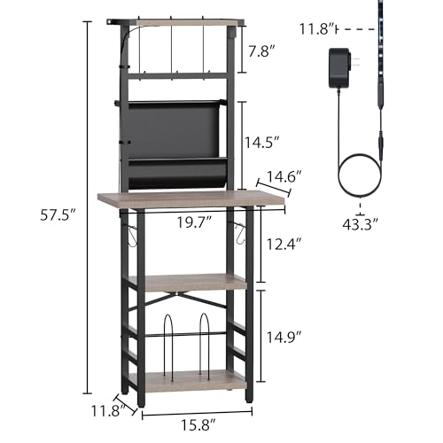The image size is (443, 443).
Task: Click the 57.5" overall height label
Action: pyautogui.click(x=58, y=214)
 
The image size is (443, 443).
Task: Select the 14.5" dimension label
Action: pyautogui.click(x=262, y=143)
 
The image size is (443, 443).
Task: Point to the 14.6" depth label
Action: pyautogui.click(x=284, y=176)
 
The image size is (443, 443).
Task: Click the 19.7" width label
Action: pyautogui.click(x=194, y=222)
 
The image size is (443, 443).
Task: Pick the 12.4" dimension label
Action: pyautogui.click(x=284, y=245)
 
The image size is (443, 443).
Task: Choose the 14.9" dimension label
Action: pyautogui.click(x=284, y=337)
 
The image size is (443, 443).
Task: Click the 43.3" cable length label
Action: pyautogui.click(x=360, y=224)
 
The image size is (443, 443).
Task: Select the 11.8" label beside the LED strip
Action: pyautogui.click(x=318, y=29)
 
